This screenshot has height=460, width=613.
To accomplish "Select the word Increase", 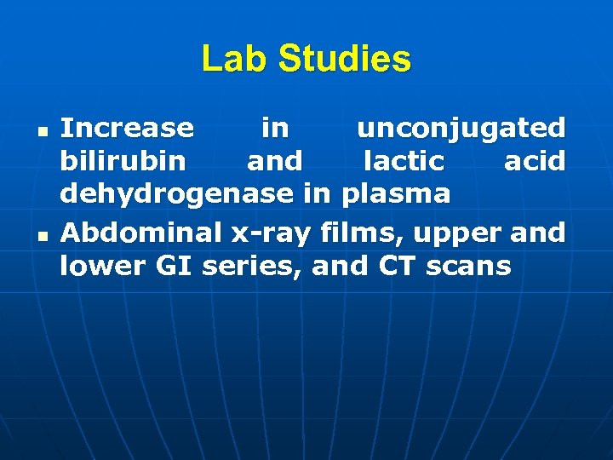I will click(x=127, y=128).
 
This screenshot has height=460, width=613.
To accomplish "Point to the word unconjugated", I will click(x=461, y=128).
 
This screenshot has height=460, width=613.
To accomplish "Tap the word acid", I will click(x=535, y=160).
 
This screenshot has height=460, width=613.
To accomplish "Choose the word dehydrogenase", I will click(x=176, y=194).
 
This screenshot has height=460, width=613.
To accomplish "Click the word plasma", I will click(x=396, y=194).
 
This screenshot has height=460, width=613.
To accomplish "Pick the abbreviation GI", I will click(x=169, y=266).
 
